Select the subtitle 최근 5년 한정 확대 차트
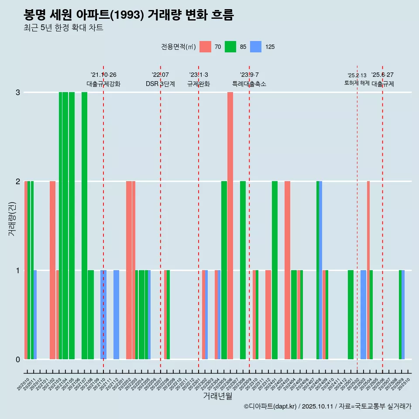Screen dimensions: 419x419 pos(63,28)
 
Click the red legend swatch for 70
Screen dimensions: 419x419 pos(205,47)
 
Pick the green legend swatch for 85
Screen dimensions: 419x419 pos(230,47)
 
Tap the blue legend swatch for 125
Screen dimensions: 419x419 pos(256,47)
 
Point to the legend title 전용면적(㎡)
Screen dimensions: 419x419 pos(179,47)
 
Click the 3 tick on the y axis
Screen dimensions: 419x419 pos(18,92)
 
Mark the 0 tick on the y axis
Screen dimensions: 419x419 pos(18,359)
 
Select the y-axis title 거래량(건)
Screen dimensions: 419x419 pos(12,219)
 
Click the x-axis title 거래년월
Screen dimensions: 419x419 pos(217,396)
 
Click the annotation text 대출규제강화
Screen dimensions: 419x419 pos(103,84)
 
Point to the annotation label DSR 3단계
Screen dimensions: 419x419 pos(160,84)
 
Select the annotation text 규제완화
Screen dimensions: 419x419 pos(199,84)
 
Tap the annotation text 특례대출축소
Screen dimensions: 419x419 pos(249,84)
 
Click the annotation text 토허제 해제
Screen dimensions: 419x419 pos(357,83)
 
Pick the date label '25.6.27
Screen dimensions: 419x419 pos(382,75)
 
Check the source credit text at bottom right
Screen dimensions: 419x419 pos(327,406)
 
